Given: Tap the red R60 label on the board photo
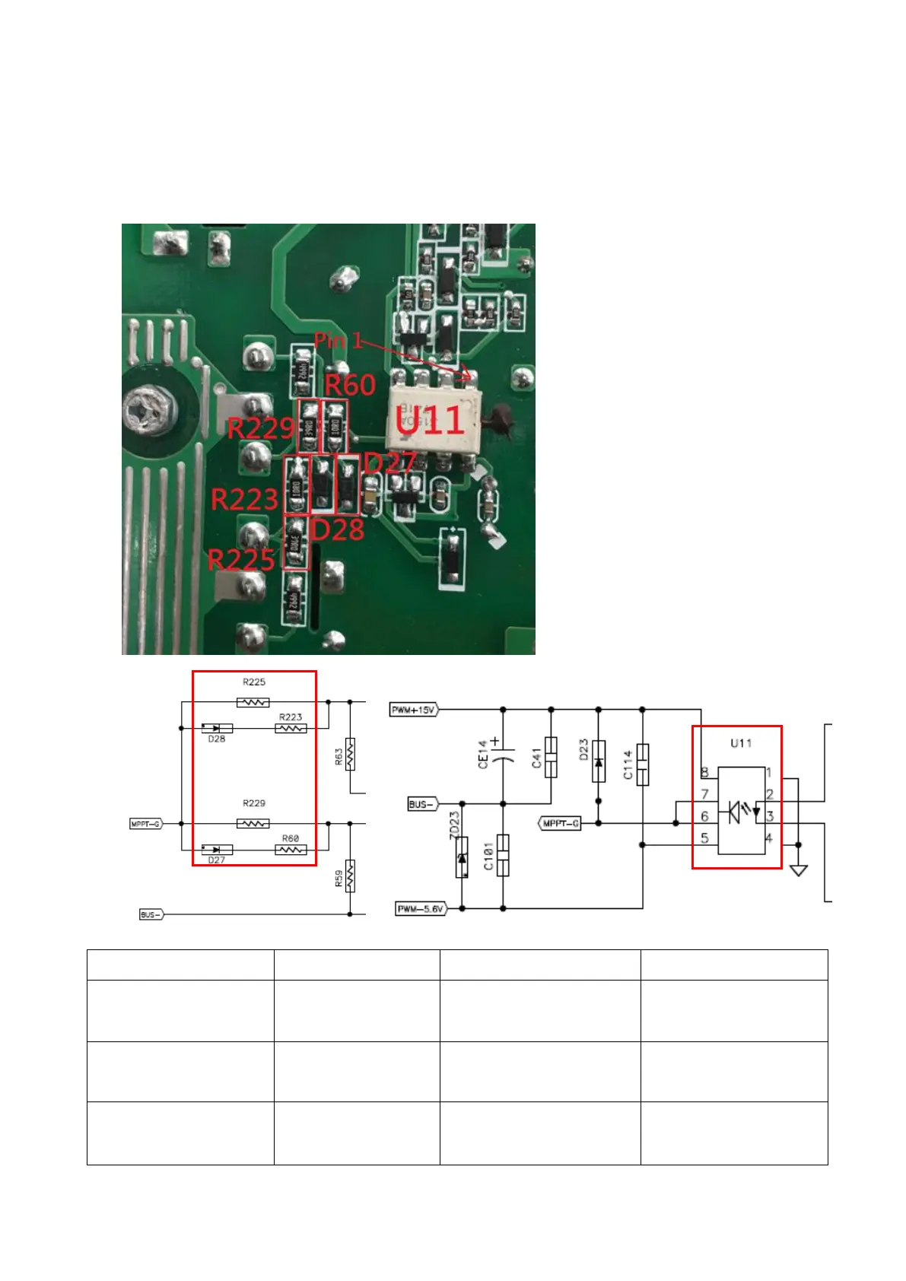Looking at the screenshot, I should pyautogui.click(x=350, y=385).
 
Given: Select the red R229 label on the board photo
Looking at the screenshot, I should pyautogui.click(x=261, y=428).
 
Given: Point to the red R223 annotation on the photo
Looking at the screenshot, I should pyautogui.click(x=244, y=500).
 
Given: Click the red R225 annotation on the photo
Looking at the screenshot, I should pyautogui.click(x=241, y=560).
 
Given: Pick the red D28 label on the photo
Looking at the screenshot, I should pyautogui.click(x=338, y=529).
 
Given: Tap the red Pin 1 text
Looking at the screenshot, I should pyautogui.click(x=339, y=340).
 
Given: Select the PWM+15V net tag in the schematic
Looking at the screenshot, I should pyautogui.click(x=413, y=710).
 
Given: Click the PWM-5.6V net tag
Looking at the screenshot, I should pyautogui.click(x=420, y=909).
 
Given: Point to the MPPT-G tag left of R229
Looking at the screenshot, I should pyautogui.click(x=146, y=824).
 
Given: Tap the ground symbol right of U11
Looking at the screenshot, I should pyautogui.click(x=798, y=869).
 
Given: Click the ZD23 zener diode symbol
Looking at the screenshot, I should pyautogui.click(x=462, y=860).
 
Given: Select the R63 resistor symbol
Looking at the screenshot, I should pyautogui.click(x=350, y=754).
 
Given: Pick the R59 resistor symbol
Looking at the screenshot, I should pyautogui.click(x=350, y=876).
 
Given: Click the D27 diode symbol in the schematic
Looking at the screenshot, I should pyautogui.click(x=218, y=850).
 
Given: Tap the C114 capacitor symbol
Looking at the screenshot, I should pyautogui.click(x=643, y=764).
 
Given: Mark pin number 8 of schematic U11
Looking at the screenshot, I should pyautogui.click(x=704, y=773).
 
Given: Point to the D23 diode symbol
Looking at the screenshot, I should pyautogui.click(x=598, y=761).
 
